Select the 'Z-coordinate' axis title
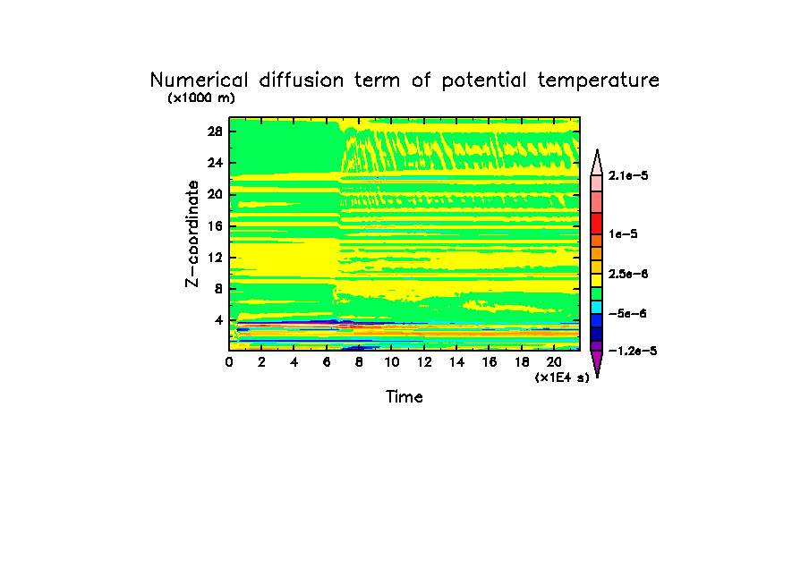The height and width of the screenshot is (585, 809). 192,233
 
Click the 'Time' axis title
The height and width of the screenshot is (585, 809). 404,397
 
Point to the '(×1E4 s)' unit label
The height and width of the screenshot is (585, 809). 563,378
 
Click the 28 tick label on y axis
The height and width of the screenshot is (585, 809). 215,131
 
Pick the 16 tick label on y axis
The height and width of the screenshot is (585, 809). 215,225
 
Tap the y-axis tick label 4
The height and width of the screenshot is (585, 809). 218,320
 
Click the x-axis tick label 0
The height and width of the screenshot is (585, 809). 230,362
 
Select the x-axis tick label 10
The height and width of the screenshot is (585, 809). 392,362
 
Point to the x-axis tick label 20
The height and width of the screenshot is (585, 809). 554,362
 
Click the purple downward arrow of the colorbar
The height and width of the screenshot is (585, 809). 596,363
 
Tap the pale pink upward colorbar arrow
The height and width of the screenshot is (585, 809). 596,162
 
